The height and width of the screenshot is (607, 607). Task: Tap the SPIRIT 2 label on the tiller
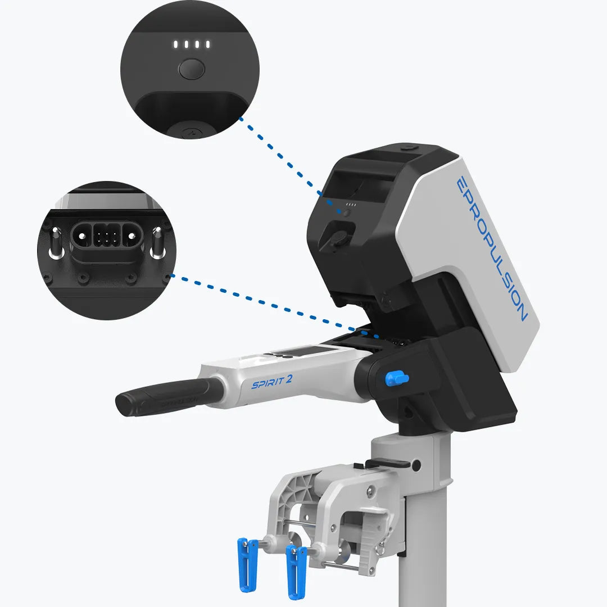271,382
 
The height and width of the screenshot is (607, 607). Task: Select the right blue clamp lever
296,570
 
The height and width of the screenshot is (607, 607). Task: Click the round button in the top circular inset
191,70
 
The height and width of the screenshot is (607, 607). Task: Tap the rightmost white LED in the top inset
207,44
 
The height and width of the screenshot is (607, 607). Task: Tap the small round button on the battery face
347,212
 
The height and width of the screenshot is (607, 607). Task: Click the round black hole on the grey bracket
416,465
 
